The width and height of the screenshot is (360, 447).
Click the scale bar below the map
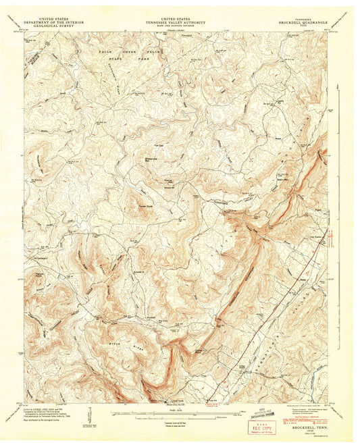coord(175,409)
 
